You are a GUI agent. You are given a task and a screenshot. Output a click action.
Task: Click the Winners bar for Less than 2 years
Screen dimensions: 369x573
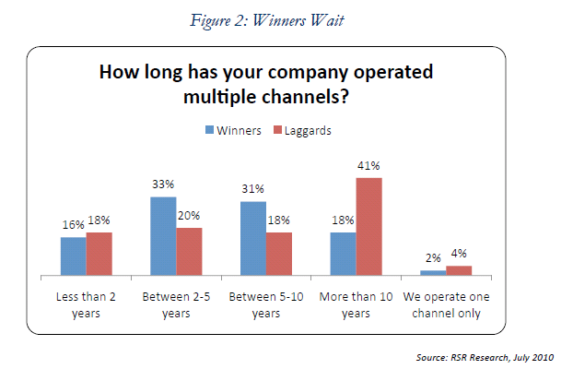(74, 256)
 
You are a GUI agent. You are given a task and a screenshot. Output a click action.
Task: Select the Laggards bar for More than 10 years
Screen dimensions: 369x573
(368, 226)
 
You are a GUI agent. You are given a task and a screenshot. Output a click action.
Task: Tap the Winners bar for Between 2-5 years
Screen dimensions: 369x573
(163, 235)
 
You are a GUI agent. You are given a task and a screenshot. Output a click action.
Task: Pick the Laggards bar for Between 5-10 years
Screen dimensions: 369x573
(279, 254)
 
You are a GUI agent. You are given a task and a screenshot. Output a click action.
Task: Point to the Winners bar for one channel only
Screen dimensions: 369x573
(432, 272)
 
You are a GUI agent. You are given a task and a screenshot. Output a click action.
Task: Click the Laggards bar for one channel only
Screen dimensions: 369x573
(459, 270)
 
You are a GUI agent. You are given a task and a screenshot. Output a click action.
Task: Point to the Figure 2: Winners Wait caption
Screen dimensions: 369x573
(279, 17)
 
